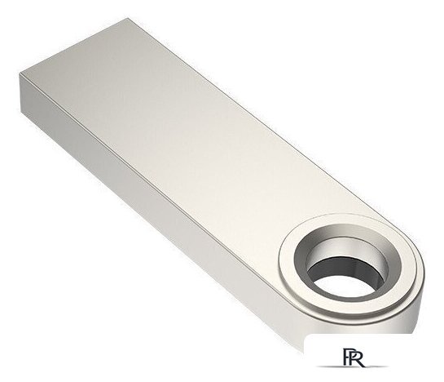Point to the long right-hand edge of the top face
(x=244, y=106)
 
